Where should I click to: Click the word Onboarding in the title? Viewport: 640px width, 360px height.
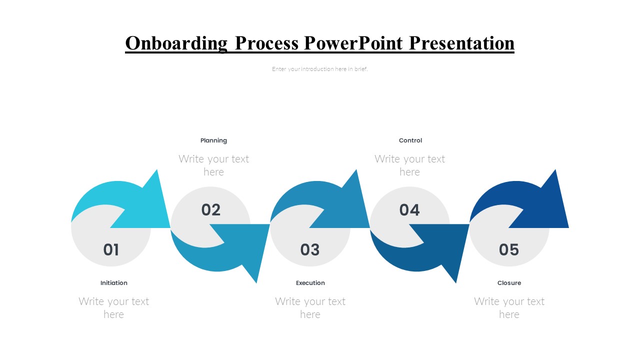coord(176,43)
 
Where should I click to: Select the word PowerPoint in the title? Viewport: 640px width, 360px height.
coord(353,43)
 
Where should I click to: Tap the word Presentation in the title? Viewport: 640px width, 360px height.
coord(461,43)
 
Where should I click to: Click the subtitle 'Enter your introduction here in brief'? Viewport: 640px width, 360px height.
coord(319,69)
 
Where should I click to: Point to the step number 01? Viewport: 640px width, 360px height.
coord(111,249)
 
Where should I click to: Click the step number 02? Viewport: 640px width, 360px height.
coord(211,210)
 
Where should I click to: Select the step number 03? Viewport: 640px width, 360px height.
coord(310,249)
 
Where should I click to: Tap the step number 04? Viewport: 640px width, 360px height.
coord(409,210)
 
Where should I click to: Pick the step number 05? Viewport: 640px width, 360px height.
coord(509,249)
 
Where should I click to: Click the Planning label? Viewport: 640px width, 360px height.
coord(213,140)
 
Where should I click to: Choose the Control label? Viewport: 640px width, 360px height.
coord(410,140)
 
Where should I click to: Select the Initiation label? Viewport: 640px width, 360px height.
coord(113,283)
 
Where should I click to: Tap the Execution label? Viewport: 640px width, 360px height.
coord(310,283)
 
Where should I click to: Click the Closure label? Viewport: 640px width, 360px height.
coord(509,283)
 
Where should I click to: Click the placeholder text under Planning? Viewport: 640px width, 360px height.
coord(213,165)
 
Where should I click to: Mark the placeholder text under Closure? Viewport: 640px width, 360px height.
coord(509,308)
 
